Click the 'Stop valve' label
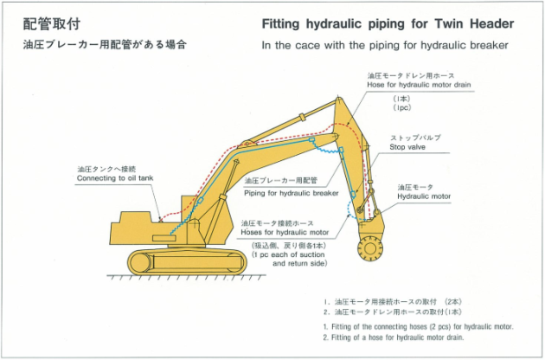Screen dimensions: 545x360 click(407, 147)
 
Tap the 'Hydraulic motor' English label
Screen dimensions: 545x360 click(424, 196)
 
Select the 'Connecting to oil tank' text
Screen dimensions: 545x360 click(115, 178)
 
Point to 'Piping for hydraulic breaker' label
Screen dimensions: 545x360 click(292, 193)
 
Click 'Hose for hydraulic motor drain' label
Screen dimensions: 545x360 click(419, 85)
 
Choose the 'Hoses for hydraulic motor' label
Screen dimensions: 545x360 click(285, 232)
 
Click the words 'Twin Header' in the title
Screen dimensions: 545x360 click(474, 23)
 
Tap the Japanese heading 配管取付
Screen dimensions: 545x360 click(52, 24)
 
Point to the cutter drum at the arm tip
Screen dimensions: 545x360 click(370, 248)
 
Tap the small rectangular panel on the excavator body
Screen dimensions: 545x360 click(164, 238)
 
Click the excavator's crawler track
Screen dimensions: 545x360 click(188, 261)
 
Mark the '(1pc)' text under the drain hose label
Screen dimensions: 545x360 click(402, 108)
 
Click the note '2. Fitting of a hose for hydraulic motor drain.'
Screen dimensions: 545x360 click(393, 337)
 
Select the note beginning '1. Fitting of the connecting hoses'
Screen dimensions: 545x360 click(418, 326)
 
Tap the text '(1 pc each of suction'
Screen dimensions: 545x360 click(288, 254)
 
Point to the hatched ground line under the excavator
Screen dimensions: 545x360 click(187, 277)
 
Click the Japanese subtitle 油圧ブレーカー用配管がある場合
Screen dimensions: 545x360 click(105, 44)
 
